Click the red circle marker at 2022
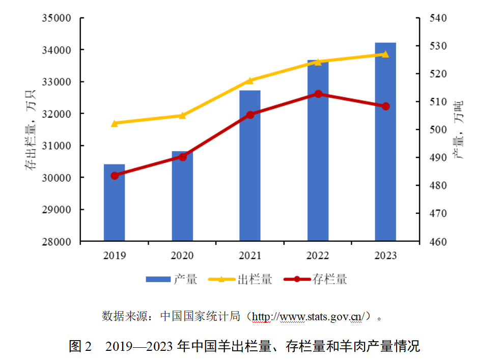pyautogui.click(x=318, y=94)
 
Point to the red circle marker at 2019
pyautogui.click(x=115, y=176)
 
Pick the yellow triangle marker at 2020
pyautogui.click(x=182, y=115)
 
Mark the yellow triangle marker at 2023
pyautogui.click(x=385, y=54)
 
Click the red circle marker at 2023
pyautogui.click(x=385, y=106)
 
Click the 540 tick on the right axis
pyautogui.click(x=438, y=18)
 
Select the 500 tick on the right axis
pyautogui.click(x=438, y=130)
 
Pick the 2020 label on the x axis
pyautogui.click(x=182, y=256)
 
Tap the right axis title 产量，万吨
pyautogui.click(x=460, y=130)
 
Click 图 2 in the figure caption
pyautogui.click(x=80, y=347)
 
